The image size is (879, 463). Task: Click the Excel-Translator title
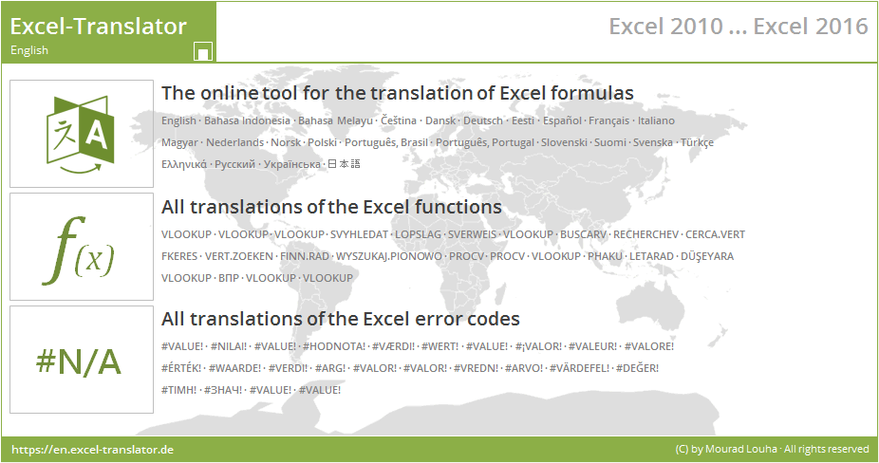[99, 26]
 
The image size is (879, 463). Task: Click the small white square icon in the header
[202, 51]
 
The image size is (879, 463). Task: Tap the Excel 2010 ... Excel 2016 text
[738, 27]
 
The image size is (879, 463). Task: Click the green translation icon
[82, 134]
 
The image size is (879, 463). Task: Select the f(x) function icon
[82, 248]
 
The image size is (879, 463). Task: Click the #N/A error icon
[82, 361]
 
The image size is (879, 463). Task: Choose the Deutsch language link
[483, 120]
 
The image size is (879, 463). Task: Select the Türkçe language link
[697, 142]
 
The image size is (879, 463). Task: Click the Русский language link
[235, 164]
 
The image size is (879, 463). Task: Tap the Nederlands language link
[235, 142]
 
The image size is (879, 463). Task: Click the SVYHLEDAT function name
[359, 234]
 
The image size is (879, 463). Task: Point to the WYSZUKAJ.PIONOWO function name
[389, 256]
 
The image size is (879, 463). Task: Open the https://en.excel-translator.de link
[92, 449]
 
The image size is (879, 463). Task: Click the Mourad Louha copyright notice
[771, 449]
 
